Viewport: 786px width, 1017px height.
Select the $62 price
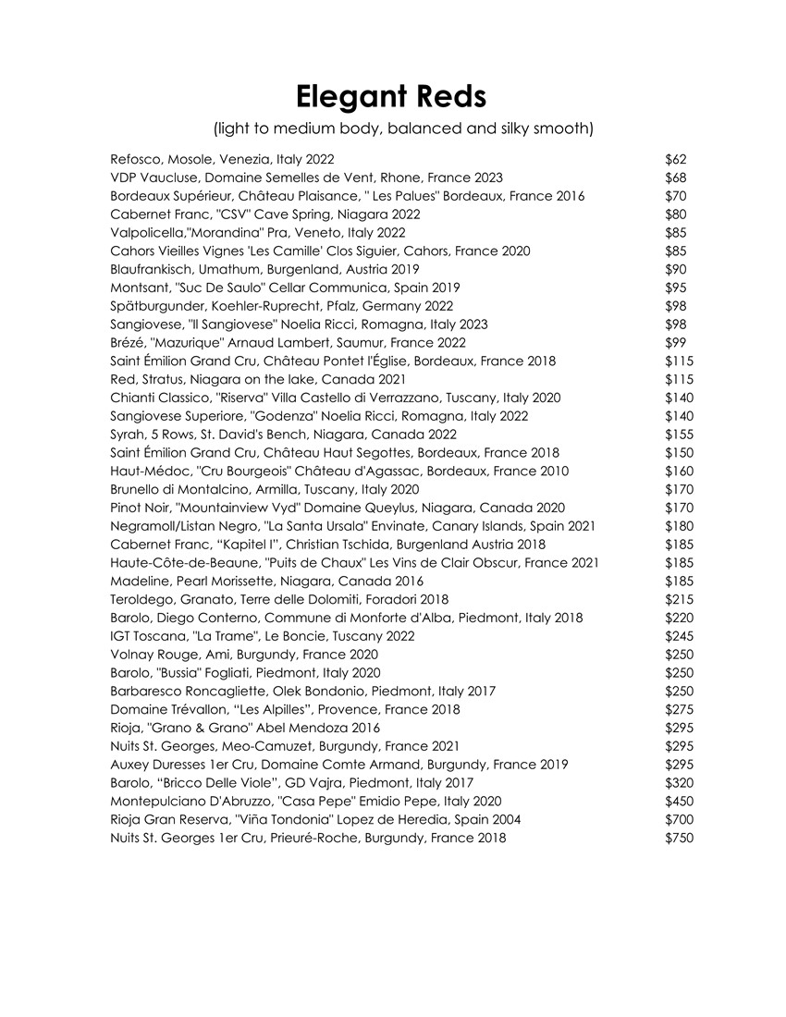676,160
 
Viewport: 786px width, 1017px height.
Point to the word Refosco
136,160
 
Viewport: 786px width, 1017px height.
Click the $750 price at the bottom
680,838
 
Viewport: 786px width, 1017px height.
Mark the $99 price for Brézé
676,343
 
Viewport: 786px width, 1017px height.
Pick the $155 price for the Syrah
680,435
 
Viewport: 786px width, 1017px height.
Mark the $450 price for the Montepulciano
680,801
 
